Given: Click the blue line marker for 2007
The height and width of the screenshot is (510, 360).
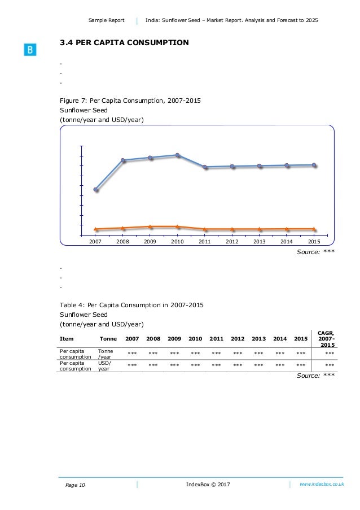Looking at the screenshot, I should click(96, 190).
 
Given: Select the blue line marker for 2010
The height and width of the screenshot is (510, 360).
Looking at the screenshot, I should click(177, 155).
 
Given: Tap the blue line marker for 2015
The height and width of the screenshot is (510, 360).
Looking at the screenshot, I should click(314, 165).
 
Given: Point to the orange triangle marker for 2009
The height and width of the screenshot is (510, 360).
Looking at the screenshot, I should click(150, 226).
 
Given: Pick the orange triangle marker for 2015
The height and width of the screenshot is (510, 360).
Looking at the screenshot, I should click(314, 229).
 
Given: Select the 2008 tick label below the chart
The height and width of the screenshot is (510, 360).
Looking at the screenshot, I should click(122, 241).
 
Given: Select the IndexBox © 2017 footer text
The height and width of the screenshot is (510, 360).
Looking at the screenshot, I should click(208, 485).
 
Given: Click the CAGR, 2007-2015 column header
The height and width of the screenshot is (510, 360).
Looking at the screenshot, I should click(326, 338).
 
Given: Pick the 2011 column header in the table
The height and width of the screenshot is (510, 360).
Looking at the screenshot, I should click(217, 339).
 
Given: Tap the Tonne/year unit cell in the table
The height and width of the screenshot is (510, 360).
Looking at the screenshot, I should click(106, 354).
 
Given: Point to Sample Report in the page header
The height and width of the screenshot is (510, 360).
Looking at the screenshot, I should click(106, 20).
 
